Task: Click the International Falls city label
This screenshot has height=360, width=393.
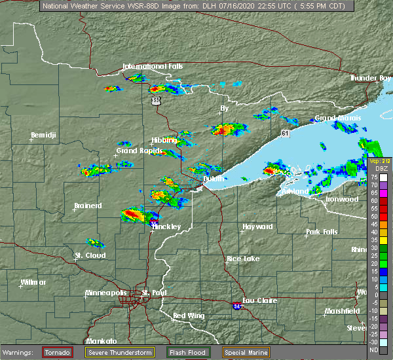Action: coord(153,66)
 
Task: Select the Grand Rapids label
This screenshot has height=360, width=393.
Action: coord(136,151)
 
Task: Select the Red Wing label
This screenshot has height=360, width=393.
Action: coord(189,316)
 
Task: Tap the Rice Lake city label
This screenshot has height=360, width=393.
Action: coord(242,259)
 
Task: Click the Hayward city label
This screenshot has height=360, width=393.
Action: coord(257,226)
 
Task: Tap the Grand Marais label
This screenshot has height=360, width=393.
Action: coord(335,118)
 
